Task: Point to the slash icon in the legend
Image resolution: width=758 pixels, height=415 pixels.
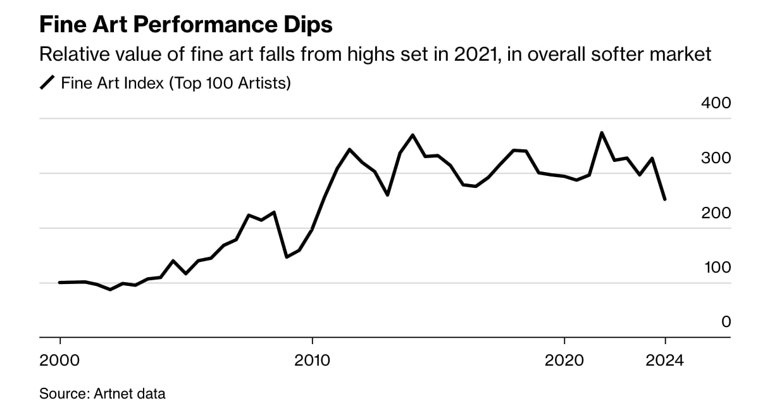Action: (x=47, y=83)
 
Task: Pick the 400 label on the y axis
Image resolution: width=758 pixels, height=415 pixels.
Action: (x=716, y=102)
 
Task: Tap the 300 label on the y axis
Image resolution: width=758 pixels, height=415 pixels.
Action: (x=716, y=158)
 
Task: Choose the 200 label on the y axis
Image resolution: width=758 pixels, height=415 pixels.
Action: (x=716, y=213)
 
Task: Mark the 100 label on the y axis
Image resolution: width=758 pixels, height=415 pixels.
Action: (x=716, y=267)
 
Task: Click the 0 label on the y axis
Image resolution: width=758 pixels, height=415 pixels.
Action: (x=726, y=321)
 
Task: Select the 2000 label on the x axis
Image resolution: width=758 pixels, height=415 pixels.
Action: (x=59, y=361)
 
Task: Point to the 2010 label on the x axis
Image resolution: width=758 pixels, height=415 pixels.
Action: (x=312, y=361)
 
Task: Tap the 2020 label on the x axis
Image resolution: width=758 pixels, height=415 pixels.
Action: (x=564, y=361)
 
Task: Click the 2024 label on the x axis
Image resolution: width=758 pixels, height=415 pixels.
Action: (x=665, y=361)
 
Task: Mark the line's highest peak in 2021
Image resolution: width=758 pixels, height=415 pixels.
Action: (x=602, y=133)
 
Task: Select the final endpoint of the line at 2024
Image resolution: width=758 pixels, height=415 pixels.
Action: (x=665, y=199)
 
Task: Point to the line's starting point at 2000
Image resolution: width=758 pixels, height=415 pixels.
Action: (x=59, y=282)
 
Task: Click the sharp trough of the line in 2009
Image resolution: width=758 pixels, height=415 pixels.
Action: (x=287, y=257)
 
